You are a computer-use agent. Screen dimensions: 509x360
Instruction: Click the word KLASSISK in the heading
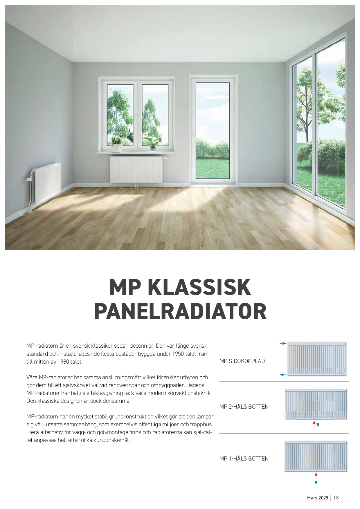pos(199,287)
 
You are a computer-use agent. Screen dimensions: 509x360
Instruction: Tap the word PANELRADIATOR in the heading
pos(180,311)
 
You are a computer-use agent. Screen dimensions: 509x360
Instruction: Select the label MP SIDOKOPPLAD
pos(242,361)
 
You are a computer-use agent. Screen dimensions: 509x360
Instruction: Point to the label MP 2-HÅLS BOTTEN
pos(244,407)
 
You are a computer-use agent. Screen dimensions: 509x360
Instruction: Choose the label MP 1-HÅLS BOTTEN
pos(244,459)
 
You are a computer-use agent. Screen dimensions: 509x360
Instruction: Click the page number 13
pos(336,498)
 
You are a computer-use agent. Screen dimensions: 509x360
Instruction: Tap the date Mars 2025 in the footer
pos(317,498)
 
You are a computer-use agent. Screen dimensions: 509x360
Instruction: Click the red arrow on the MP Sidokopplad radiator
pos(283,344)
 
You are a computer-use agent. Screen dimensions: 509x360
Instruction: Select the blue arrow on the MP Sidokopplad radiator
pos(283,375)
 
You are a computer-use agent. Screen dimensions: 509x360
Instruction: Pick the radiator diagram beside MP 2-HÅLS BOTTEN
pos(316,404)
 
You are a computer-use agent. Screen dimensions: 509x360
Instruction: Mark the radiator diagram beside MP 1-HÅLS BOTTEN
pos(316,456)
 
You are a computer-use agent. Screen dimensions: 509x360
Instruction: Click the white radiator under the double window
pos(136,170)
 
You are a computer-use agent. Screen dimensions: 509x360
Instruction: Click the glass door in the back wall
pos(213,131)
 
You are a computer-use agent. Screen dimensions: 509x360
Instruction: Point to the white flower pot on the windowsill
pos(116,148)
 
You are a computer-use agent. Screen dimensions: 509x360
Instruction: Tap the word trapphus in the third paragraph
pos(201,425)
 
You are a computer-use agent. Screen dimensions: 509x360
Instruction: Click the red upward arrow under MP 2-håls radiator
pos(314,424)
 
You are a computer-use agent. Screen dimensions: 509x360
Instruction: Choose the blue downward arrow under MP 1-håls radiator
pos(316,482)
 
